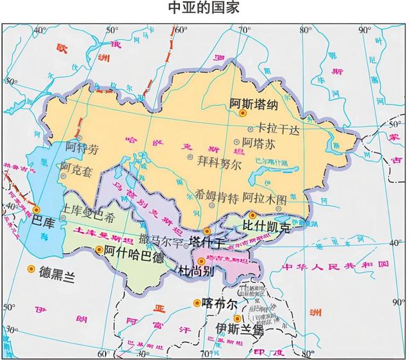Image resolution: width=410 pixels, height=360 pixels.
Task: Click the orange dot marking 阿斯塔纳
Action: point(243,113)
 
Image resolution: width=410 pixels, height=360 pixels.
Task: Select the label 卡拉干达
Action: point(278,129)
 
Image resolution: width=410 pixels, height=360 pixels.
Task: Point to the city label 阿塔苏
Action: point(259,144)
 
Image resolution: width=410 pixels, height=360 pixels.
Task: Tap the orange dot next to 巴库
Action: point(37,209)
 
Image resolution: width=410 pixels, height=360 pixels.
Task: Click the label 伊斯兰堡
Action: point(239,329)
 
